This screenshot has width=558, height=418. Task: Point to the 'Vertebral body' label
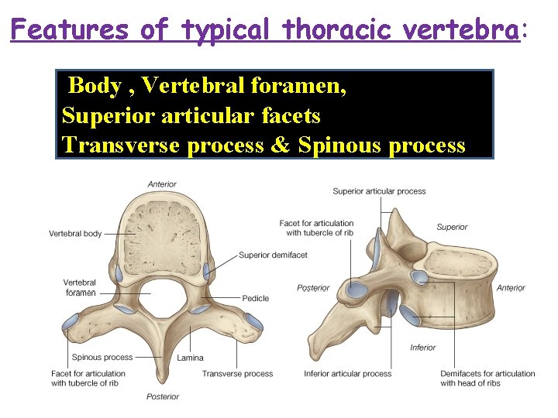[x=75, y=233]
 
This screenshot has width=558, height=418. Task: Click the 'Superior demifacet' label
[x=273, y=255]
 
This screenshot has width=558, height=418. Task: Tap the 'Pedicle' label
[x=255, y=298]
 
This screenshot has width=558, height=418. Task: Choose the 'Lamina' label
[x=190, y=358]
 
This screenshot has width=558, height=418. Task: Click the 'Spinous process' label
[x=102, y=358]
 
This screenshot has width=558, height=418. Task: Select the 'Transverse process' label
[x=237, y=374]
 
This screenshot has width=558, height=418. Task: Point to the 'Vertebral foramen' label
[x=80, y=288]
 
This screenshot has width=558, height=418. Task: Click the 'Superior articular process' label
[x=379, y=191]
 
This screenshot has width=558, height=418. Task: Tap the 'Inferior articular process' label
[x=347, y=374]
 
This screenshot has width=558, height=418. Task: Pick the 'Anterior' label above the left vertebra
[x=162, y=184]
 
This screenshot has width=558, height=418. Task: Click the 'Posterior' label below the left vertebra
[x=163, y=396]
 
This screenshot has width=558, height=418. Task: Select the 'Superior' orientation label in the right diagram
[x=452, y=227]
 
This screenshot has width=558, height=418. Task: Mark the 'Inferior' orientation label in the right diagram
[x=422, y=348]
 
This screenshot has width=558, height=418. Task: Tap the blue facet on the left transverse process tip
[x=71, y=321]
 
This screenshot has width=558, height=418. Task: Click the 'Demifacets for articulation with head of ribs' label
[x=487, y=379]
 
